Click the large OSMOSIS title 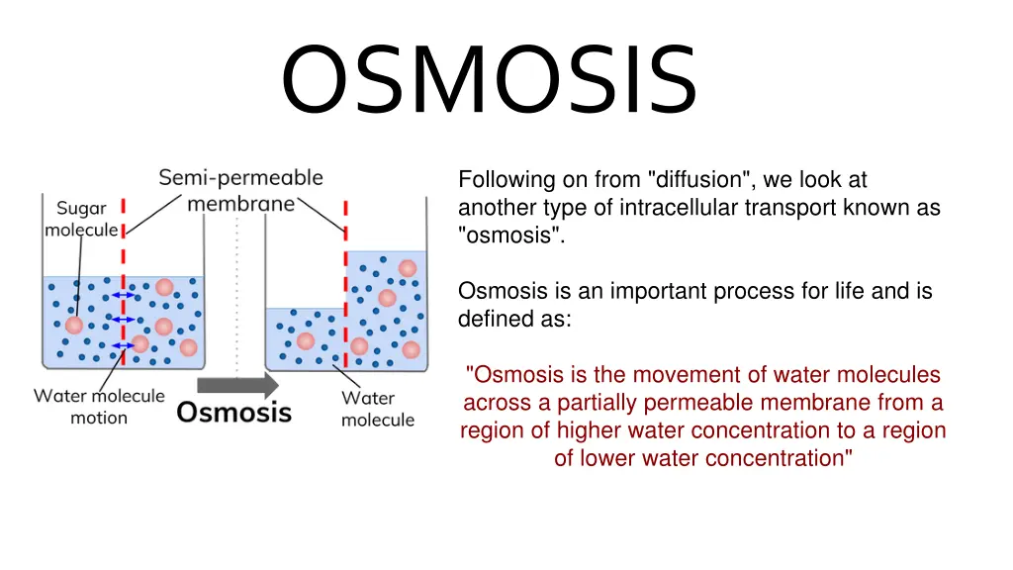pos(489,79)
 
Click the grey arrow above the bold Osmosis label pos(237,385)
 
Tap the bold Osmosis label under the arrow pos(233,413)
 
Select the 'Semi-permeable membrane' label pos(241,190)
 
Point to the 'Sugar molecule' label pos(81,219)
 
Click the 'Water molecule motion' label pos(99,407)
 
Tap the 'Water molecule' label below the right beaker pos(378,409)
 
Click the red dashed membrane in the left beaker pos(123,282)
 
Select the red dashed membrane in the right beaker pos(345,285)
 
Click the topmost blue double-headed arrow pos(123,295)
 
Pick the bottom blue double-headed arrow pos(123,345)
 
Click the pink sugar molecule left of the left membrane pos(73,325)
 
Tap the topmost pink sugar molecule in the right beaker pos(407,268)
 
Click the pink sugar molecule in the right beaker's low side pos(305,341)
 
